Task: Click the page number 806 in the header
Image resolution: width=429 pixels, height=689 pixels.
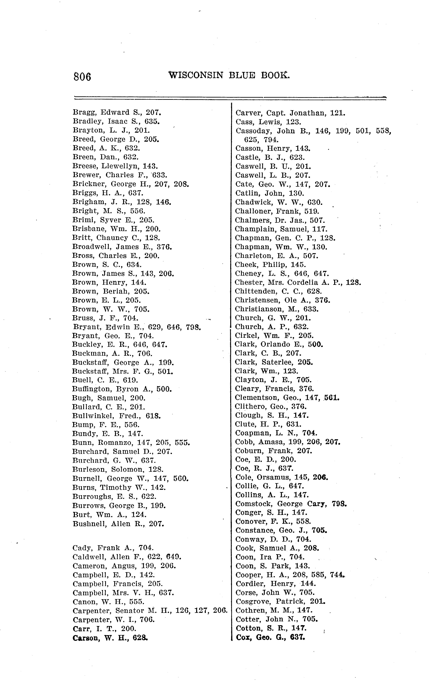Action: [82, 77]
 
